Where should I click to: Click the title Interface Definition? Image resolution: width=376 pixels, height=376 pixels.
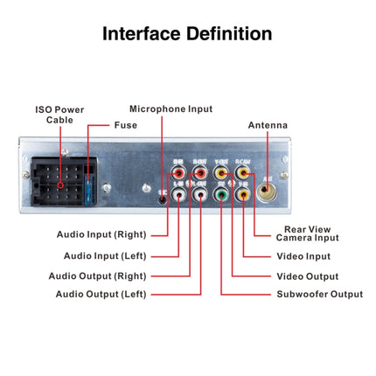tap(187, 34)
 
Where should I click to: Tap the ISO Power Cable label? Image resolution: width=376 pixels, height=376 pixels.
tap(59, 115)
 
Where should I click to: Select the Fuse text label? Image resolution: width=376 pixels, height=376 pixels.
tap(125, 125)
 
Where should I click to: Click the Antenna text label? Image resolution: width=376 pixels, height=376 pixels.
tap(268, 125)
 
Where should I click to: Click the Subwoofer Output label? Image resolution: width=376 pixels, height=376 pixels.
tap(319, 295)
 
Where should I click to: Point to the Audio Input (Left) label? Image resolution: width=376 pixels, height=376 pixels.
tap(105, 255)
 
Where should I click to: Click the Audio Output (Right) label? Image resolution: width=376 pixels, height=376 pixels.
tap(97, 276)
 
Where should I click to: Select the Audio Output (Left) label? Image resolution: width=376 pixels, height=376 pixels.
tap(102, 295)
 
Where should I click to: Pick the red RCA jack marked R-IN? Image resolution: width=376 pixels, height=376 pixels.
tap(179, 173)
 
